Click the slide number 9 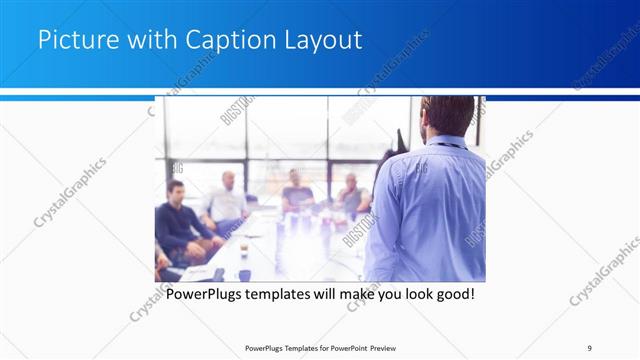click(x=590, y=347)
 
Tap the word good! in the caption click(x=451, y=295)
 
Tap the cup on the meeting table click(x=244, y=249)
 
